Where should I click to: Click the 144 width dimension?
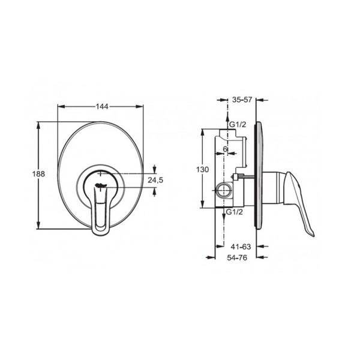102,107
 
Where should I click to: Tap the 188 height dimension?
38,174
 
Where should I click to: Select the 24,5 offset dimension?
155,180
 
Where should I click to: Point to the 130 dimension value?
203,169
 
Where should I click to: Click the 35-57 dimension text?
242,100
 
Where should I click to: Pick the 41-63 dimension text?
241,247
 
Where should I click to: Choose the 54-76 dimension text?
237,258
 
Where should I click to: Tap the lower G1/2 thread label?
235,212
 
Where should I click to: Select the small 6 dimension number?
225,149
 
